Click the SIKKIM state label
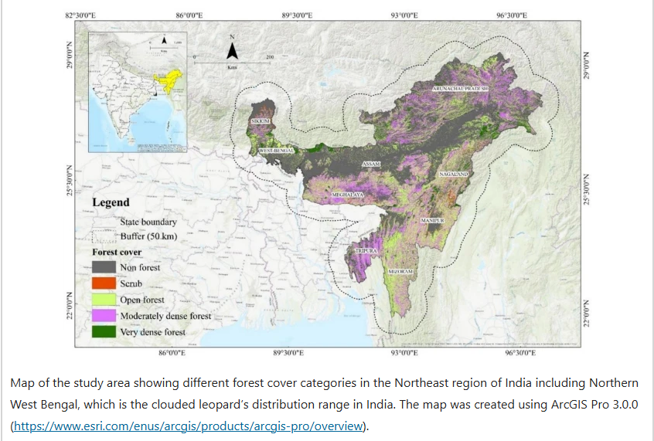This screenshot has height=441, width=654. click(260, 122)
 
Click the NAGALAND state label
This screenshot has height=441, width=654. click(455, 175)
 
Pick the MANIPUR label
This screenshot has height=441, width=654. click(431, 221)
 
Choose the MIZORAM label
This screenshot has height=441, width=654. click(400, 273)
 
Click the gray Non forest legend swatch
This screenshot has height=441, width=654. click(104, 267)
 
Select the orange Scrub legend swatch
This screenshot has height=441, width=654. click(104, 283)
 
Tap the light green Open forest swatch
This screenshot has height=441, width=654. click(104, 300)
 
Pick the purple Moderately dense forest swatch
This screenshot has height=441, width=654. click(104, 316)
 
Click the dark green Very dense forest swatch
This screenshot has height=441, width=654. click(104, 332)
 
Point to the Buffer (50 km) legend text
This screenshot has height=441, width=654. click(149, 236)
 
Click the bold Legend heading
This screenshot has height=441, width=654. click(111, 202)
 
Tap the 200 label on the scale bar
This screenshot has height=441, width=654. click(270, 57)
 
